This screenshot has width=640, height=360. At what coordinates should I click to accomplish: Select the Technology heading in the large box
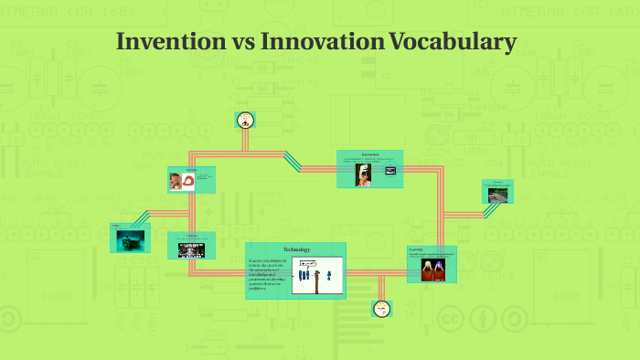tap(296, 249)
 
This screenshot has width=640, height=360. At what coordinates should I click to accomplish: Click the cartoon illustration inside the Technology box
tap(317, 275)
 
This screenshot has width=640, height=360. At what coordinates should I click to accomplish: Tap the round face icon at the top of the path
tap(244, 120)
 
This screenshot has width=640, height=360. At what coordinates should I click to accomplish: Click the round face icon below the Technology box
tap(380, 309)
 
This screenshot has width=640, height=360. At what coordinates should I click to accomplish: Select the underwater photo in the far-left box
tap(130, 239)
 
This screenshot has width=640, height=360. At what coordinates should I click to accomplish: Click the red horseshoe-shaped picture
tap(188, 181)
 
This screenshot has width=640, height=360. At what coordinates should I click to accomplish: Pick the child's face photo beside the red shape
tap(175, 181)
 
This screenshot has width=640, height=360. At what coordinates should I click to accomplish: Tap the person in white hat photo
tap(364, 174)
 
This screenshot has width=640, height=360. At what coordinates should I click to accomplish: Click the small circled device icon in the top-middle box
tap(390, 170)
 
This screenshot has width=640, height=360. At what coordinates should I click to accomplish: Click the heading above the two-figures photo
tap(416, 249)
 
